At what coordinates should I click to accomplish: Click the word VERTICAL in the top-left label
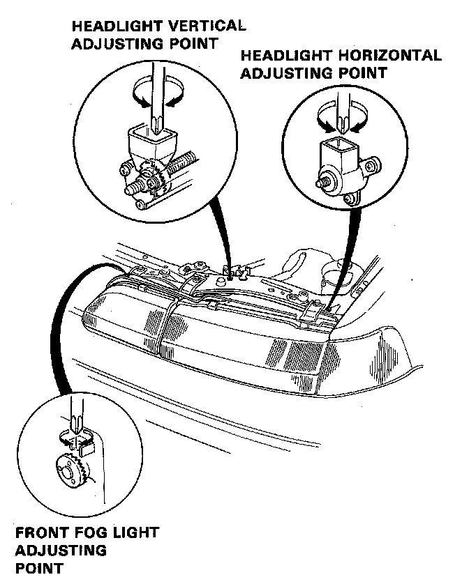(209, 26)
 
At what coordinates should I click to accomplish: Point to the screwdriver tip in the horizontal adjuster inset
(341, 132)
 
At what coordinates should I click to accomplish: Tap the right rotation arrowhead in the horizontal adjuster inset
(357, 128)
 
